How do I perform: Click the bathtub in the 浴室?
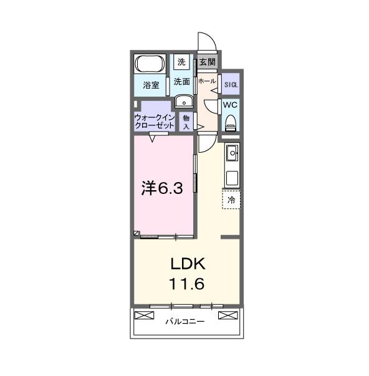[x=150, y=64]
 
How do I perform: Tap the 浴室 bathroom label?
[x=150, y=84]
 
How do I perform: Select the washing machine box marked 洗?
[x=181, y=62]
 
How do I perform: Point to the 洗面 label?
[x=181, y=82]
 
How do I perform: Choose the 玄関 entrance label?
[x=207, y=62]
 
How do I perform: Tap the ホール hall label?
[x=206, y=81]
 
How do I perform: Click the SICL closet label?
[x=230, y=83]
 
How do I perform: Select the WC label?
[x=230, y=105]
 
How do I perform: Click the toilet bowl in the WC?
[x=230, y=122]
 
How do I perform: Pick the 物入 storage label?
[x=186, y=121]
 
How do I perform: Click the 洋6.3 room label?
[x=162, y=188]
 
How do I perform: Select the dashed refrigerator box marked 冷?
[x=231, y=200]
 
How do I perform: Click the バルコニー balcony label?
[x=187, y=322]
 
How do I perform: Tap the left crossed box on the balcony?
[x=143, y=315]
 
